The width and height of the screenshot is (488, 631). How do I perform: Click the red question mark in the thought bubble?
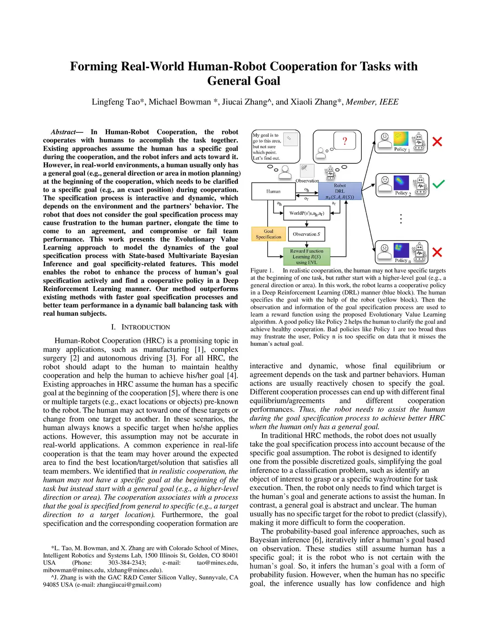[x=345, y=141]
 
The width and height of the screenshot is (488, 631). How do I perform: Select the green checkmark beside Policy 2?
[x=438, y=184]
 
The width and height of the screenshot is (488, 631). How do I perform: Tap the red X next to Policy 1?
[x=437, y=141]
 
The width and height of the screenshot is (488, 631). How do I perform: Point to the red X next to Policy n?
[x=437, y=252]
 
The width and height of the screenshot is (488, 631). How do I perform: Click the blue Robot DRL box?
[x=340, y=191]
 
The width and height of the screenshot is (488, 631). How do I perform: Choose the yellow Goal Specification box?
[x=268, y=234]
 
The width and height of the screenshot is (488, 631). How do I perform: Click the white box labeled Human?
[x=273, y=191]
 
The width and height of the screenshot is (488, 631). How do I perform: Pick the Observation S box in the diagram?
[x=306, y=234]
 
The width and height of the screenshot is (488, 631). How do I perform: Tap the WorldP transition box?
[x=306, y=213]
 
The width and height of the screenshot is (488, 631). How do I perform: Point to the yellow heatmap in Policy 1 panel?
[x=401, y=139]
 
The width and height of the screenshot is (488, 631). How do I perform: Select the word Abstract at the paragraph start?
[x=63, y=132]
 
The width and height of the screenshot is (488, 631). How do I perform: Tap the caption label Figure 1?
[x=262, y=270]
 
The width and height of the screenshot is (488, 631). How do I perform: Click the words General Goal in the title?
[x=244, y=81]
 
